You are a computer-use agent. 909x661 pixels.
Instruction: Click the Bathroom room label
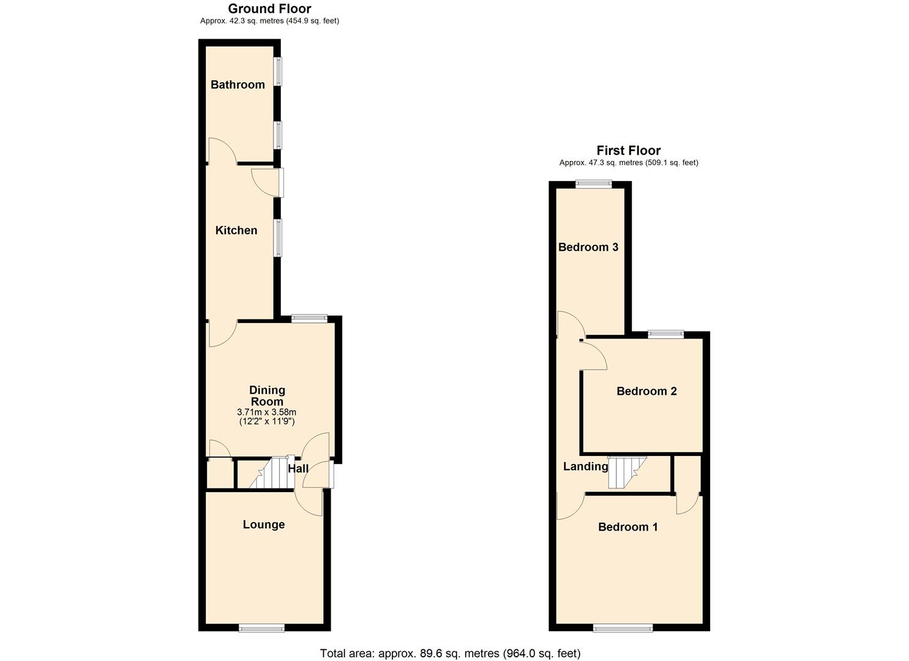coord(238,84)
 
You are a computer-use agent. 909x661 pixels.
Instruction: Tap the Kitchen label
coord(236,230)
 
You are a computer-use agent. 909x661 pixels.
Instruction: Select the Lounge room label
coord(264,525)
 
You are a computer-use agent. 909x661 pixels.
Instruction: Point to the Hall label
coord(298,468)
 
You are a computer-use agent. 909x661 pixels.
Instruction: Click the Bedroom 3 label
coord(588,247)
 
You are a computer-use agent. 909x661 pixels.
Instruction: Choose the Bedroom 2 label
coord(646,391)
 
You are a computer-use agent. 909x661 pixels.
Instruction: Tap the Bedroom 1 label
coord(628,527)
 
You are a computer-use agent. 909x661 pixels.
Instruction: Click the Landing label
coord(586,466)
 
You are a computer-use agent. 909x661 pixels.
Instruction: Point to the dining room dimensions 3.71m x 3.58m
coord(266,413)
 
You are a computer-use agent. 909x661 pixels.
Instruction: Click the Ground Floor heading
coord(269,9)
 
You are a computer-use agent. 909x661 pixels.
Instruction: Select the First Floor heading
coord(629,151)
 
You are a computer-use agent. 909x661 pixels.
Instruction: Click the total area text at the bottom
coord(450,653)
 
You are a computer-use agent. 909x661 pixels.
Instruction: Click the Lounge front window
coord(261,627)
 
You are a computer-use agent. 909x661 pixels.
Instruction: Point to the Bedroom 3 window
coord(594,183)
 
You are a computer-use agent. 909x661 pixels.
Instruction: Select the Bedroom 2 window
coord(666,334)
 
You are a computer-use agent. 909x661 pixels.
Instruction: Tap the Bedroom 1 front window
coord(623,627)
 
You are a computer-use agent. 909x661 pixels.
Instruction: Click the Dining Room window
coord(309,318)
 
